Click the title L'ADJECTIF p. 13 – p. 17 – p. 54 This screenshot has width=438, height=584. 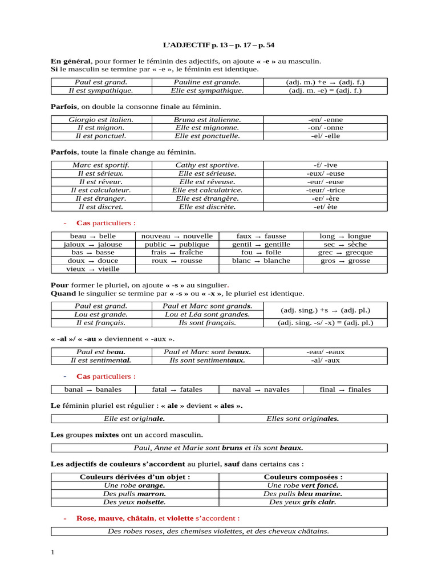click(219, 44)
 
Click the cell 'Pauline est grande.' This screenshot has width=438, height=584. click(207, 82)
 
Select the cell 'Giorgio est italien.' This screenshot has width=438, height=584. click(101, 120)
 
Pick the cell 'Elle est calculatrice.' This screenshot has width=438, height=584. click(207, 190)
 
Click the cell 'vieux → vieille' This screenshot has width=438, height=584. click(93, 269)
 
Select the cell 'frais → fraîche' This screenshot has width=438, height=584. click(177, 252)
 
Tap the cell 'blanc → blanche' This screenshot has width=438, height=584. click(261, 261)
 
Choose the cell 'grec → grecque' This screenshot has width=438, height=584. click(345, 252)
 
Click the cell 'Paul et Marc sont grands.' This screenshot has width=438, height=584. click(208, 306)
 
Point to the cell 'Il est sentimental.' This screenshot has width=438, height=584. click(101, 360)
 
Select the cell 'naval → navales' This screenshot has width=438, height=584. click(261, 390)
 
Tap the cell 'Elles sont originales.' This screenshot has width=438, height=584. click(302, 419)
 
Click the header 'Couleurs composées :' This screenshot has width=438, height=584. click(303, 477)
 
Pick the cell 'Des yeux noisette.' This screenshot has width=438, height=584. click(135, 502)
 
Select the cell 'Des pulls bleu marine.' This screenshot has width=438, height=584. click(303, 493)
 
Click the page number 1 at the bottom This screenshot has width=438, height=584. click(52, 551)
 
